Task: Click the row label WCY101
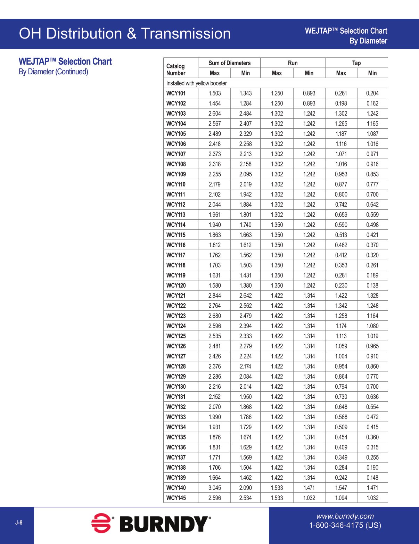176,93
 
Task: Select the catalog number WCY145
176,498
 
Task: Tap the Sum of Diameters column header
229,63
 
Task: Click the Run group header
293,63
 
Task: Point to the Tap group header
356,63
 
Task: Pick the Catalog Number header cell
176,69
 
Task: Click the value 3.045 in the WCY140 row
215,488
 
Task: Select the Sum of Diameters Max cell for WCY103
215,114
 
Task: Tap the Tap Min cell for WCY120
372,286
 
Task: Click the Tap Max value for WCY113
341,215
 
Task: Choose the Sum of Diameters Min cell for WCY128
245,366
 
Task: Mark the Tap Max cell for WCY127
341,356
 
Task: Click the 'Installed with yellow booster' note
196,83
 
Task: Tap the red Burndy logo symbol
101,523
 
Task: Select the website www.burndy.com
345,516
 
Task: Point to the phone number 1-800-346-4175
345,525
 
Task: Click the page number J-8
19,522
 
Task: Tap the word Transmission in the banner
186,34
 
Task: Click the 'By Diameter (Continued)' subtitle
54,72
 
